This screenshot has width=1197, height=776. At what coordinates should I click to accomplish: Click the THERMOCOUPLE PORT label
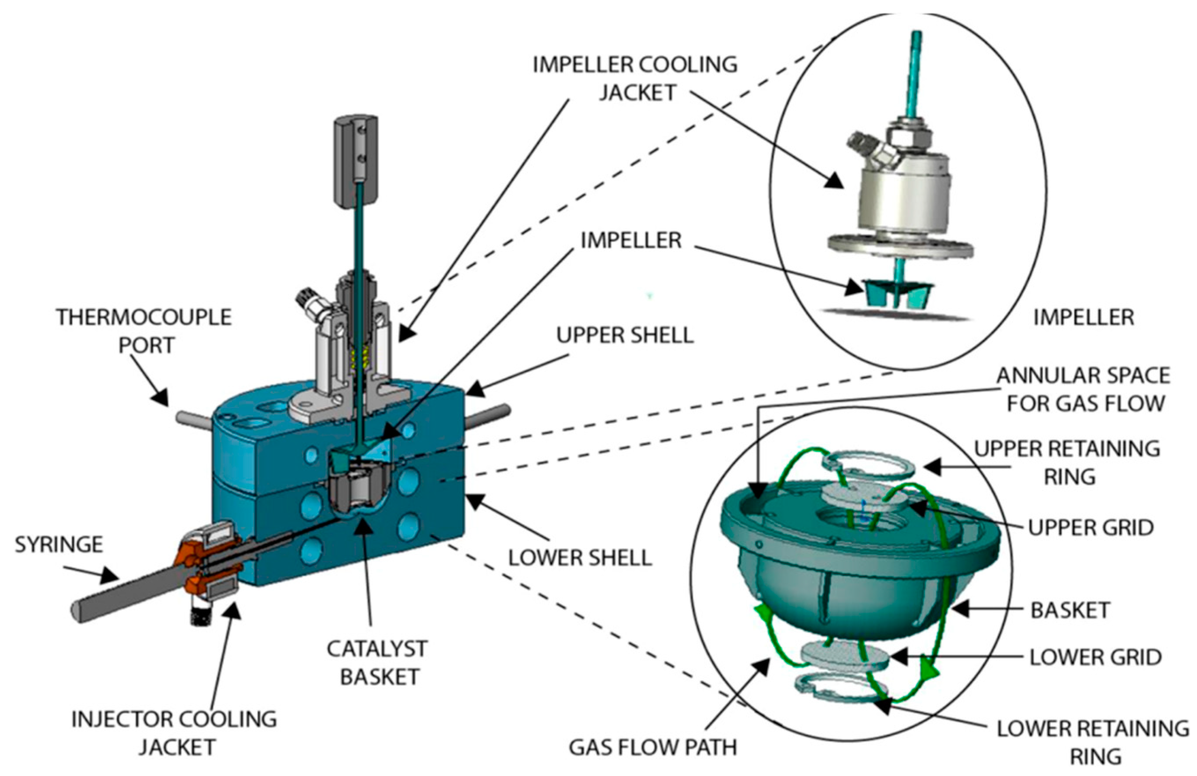point(144,331)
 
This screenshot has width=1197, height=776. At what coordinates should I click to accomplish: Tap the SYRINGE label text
point(59,544)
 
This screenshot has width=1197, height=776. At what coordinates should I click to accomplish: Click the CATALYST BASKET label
point(378,663)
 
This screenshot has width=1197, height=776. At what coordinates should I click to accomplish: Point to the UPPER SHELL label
point(625,335)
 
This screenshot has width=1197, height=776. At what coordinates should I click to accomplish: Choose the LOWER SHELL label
point(580,558)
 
